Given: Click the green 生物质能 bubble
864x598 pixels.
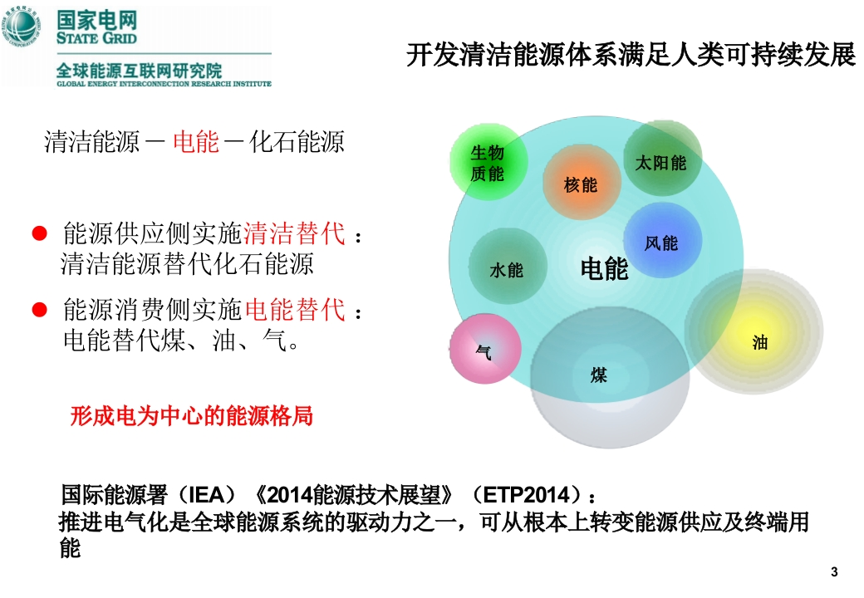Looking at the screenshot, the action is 488,162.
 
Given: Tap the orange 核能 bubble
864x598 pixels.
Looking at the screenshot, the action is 582,182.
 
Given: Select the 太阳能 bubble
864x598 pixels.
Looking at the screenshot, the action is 662,159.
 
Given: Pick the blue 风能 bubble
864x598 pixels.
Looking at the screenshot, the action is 662,241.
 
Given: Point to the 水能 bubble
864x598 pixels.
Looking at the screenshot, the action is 508,267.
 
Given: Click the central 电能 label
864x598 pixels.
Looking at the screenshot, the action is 605,269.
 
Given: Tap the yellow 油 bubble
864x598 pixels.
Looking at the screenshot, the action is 754,331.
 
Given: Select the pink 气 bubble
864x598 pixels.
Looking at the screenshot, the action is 485,349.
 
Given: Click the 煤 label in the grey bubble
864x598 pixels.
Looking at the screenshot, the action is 598,375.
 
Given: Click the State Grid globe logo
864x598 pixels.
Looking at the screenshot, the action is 22,27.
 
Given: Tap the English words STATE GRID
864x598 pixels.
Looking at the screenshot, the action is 96,38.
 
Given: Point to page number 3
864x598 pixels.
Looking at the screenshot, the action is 834,572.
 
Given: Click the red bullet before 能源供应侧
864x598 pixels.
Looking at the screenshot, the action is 40,233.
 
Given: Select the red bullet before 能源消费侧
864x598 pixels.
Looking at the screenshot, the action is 40,310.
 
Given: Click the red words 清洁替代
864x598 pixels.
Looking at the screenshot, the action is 294,233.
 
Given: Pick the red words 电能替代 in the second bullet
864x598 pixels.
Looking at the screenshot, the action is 294,310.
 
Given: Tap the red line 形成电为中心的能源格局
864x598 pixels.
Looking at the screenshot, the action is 192,416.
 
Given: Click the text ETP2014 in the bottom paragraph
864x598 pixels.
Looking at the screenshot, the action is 525,494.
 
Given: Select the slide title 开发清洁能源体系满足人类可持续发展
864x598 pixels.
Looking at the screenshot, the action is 631,55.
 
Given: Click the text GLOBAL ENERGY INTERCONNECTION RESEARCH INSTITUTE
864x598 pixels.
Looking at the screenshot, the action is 164,84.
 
